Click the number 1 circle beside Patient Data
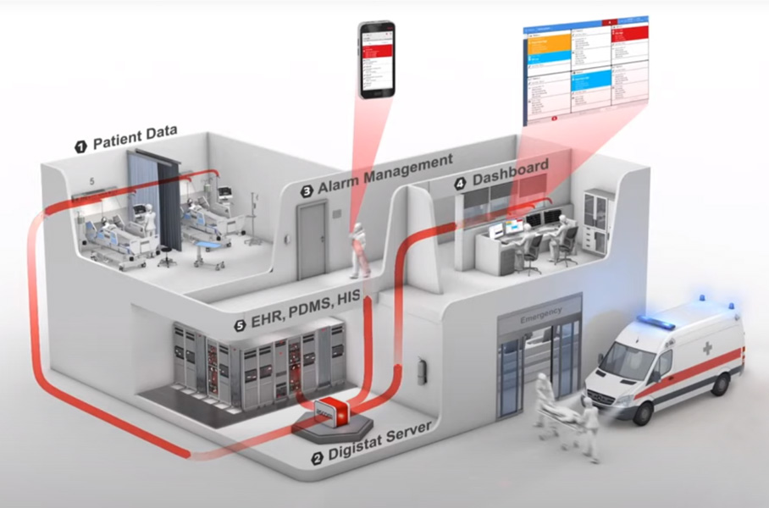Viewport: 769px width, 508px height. tap(81, 146)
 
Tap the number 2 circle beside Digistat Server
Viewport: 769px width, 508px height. tap(317, 459)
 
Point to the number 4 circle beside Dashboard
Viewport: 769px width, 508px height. tap(460, 183)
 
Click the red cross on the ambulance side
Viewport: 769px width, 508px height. tap(706, 349)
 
